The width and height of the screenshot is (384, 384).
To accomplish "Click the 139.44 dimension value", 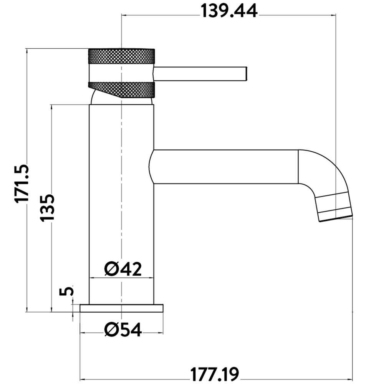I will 229,12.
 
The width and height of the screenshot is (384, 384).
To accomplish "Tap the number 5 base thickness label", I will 66,291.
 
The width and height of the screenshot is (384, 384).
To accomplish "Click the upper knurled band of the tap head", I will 121,56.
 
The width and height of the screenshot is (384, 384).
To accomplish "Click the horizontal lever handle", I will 200,73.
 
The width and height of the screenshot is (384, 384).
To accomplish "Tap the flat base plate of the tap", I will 121,308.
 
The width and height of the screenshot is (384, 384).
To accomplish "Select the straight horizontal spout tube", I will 227,167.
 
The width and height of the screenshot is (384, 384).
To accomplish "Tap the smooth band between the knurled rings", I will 121,73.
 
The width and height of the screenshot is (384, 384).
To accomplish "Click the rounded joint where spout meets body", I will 151,167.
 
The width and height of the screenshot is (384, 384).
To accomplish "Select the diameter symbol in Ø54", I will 111,329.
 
